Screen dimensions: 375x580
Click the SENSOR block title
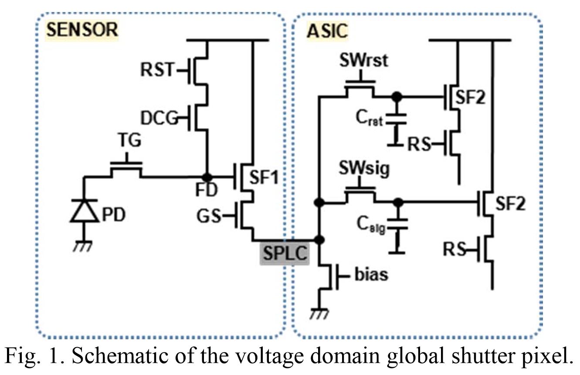[82, 30]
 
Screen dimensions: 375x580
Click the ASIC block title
[327, 30]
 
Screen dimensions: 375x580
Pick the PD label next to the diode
[112, 214]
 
